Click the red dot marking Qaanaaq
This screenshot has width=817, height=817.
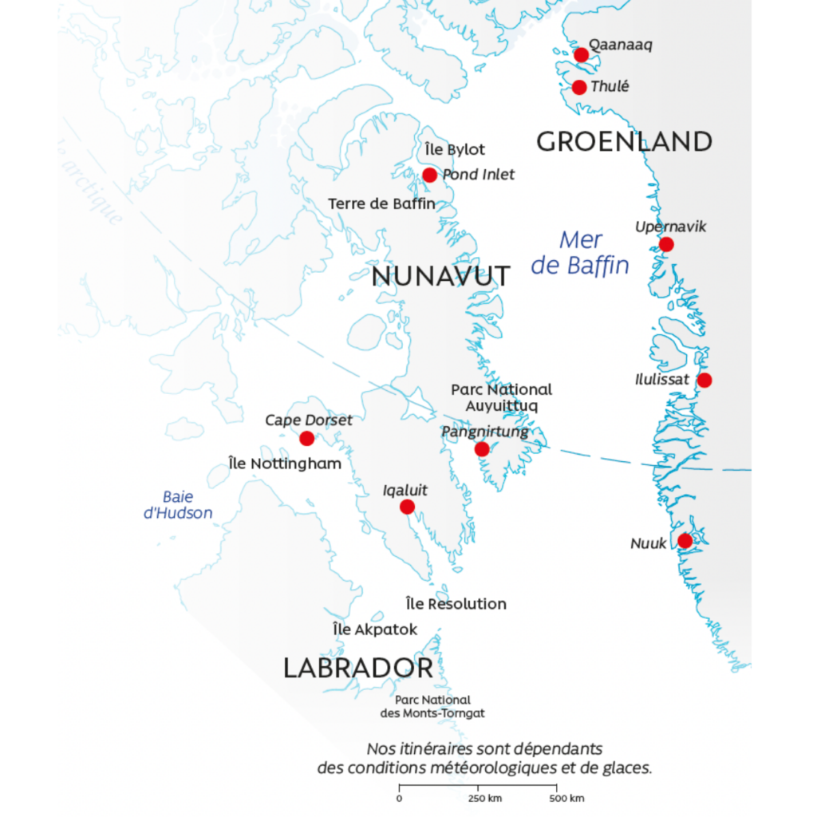click(x=582, y=55)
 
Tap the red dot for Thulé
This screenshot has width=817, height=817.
click(x=580, y=87)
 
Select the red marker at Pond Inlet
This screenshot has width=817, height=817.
click(x=429, y=175)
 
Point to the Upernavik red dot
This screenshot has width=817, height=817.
click(x=666, y=244)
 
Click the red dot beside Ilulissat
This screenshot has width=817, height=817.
click(x=704, y=380)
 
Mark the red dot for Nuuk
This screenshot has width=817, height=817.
click(x=685, y=541)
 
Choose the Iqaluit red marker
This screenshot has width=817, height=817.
click(x=407, y=507)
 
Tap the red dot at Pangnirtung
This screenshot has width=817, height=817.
click(x=481, y=449)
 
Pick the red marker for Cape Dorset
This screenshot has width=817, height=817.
click(x=306, y=438)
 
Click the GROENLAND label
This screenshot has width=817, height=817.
click(x=624, y=142)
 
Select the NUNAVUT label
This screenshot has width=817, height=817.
click(x=441, y=276)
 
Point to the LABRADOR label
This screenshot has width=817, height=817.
click(x=358, y=669)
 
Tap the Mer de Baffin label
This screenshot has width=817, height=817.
click(x=580, y=252)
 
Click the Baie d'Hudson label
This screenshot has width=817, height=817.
click(x=178, y=505)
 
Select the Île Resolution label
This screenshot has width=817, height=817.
click(x=456, y=604)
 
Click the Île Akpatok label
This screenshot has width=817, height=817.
click(x=375, y=630)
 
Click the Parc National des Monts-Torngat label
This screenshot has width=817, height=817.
click(x=432, y=707)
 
